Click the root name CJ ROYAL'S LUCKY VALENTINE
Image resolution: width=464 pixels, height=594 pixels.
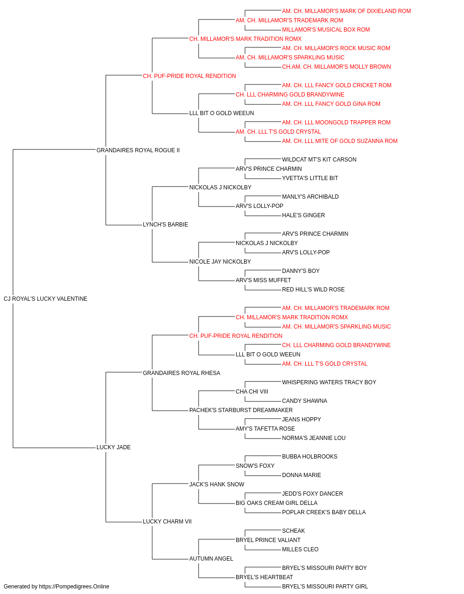[x=45, y=299]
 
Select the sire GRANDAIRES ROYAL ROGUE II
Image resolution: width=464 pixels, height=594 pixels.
[x=138, y=150]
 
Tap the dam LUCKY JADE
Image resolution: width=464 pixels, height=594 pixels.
[x=113, y=447]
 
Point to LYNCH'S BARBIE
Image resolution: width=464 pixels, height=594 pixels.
[x=165, y=225]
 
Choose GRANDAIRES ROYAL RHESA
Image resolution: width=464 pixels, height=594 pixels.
[x=181, y=373]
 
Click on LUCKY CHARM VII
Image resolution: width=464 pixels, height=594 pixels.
[x=167, y=522]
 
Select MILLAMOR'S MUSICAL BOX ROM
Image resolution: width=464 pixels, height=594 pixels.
[x=326, y=30]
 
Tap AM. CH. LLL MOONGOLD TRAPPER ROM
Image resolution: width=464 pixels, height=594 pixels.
[x=336, y=123]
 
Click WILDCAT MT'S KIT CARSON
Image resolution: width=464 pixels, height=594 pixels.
[x=319, y=160]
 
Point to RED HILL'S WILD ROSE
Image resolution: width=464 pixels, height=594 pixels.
[x=313, y=290]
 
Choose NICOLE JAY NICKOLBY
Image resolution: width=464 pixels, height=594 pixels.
[x=220, y=262]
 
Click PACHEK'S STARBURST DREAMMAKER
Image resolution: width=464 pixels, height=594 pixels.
[x=241, y=410]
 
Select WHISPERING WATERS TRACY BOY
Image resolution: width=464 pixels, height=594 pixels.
[x=329, y=382]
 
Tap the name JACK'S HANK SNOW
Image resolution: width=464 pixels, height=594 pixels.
[x=217, y=484]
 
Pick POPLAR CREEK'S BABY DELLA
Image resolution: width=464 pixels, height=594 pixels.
[x=324, y=512]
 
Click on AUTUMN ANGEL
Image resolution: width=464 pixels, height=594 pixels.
[x=211, y=559]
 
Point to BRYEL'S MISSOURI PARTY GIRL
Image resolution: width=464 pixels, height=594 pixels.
[x=325, y=587]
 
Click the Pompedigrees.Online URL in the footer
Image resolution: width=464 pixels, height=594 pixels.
[x=74, y=587]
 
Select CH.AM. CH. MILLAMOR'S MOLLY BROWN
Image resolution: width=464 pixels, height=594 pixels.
[x=336, y=67]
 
